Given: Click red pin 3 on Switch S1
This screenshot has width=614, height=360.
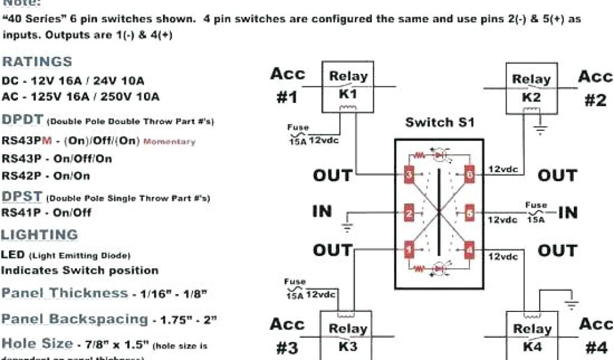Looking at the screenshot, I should pyautogui.click(x=409, y=174).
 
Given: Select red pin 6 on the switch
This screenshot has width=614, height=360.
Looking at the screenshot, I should pyautogui.click(x=470, y=174).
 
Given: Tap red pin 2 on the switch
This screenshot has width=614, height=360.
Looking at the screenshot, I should pyautogui.click(x=409, y=212).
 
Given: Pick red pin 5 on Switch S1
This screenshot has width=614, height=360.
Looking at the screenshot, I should pyautogui.click(x=470, y=212).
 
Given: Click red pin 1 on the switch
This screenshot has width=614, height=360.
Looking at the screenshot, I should pyautogui.click(x=409, y=248).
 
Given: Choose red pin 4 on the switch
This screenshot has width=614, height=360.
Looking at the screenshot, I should pyautogui.click(x=470, y=248).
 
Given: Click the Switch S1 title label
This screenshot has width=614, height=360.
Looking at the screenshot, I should pyautogui.click(x=440, y=123).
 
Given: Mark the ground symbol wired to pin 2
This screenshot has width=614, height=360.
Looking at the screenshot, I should pyautogui.click(x=347, y=227).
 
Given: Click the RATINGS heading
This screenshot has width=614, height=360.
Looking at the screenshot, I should pyautogui.click(x=37, y=62).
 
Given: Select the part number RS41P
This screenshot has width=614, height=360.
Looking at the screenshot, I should pyautogui.click(x=21, y=212).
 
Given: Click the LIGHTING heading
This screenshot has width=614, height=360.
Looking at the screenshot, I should pyautogui.click(x=40, y=235).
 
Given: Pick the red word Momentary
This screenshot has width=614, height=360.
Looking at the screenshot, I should pyautogui.click(x=169, y=142).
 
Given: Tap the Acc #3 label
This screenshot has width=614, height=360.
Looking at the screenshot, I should pyautogui.click(x=287, y=336).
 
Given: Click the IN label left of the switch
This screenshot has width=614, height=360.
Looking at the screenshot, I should pyautogui.click(x=322, y=211).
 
